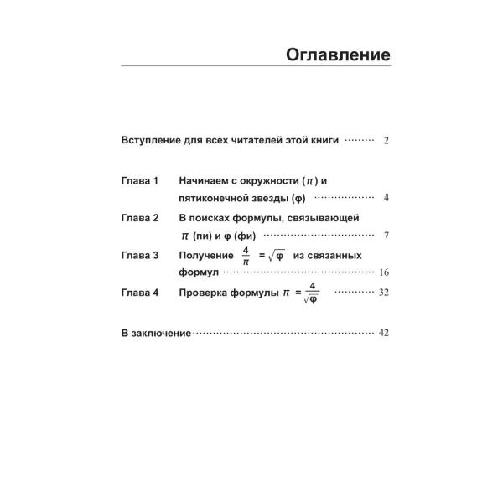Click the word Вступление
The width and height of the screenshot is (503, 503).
pyautogui.click(x=150, y=141)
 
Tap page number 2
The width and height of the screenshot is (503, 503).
pyautogui.click(x=386, y=142)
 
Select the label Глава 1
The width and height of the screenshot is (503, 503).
pyautogui.click(x=140, y=181)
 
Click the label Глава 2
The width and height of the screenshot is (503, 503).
pyautogui.click(x=140, y=218)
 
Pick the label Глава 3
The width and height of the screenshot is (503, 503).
pyautogui.click(x=140, y=255)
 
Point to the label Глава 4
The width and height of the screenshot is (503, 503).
pyautogui.click(x=140, y=293)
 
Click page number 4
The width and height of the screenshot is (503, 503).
pyautogui.click(x=386, y=200)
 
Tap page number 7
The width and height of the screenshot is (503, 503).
pyautogui.click(x=386, y=236)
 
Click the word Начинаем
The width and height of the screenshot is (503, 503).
pyautogui.click(x=206, y=181)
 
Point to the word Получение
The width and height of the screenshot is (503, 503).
pyautogui.click(x=205, y=255)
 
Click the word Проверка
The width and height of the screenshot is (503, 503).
pyautogui.click(x=204, y=293)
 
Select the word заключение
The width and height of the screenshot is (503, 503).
pyautogui.click(x=163, y=333)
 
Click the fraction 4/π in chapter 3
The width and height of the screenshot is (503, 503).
pyautogui.click(x=246, y=255)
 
